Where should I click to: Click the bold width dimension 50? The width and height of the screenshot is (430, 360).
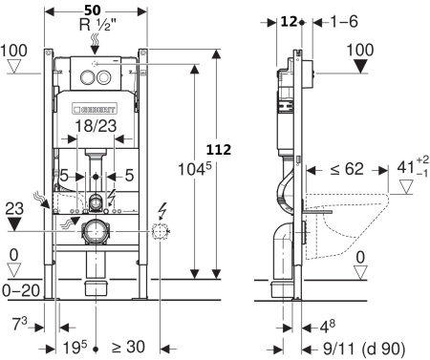pos(93,11)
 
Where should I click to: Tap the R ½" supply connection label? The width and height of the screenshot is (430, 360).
pos(96,25)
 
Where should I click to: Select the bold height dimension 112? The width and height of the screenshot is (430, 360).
pos(219,149)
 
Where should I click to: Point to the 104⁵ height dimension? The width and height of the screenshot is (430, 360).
pos(194,169)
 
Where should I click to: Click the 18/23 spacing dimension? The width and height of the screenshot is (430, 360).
pos(96,126)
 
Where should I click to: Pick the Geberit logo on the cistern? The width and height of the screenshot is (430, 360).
pos(95,109)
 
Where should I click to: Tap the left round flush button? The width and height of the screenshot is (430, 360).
pos(87,77)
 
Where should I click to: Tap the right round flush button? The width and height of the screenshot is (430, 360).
pos(103,77)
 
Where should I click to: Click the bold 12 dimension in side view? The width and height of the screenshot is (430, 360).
pos(289,22)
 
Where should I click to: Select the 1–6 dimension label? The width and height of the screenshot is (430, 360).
pos(344,22)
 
